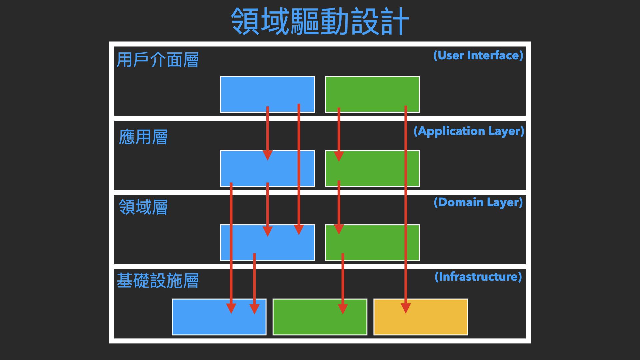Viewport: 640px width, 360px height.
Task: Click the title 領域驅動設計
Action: tap(320, 21)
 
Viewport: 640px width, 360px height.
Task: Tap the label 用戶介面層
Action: tap(158, 60)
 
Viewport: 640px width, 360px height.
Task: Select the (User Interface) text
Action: tap(478, 55)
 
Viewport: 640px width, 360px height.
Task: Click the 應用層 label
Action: tap(143, 137)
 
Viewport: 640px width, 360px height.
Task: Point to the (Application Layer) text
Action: tap(469, 131)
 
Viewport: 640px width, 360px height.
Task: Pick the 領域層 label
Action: tap(143, 207)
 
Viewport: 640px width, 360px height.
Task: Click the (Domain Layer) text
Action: tap(478, 202)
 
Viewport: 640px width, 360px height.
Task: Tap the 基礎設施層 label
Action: tap(158, 280)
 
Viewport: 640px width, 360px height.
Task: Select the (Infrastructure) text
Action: tap(478, 277)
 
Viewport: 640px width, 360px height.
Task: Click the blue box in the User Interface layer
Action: tap(268, 94)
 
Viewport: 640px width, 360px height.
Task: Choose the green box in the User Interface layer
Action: tap(372, 94)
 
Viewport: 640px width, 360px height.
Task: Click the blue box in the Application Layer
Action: tap(268, 168)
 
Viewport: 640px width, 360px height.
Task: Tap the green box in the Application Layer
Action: tap(372, 168)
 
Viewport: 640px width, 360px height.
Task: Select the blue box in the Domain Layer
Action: tap(268, 243)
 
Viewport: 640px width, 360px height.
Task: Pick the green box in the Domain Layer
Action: tap(372, 243)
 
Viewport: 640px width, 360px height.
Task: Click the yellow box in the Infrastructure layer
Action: tap(421, 317)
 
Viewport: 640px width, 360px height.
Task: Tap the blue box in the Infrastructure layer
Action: tap(219, 317)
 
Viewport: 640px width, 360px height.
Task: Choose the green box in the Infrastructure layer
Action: tap(320, 317)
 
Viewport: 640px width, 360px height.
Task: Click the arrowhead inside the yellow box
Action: tap(406, 308)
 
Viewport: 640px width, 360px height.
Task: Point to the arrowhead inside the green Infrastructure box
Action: tap(343, 309)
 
